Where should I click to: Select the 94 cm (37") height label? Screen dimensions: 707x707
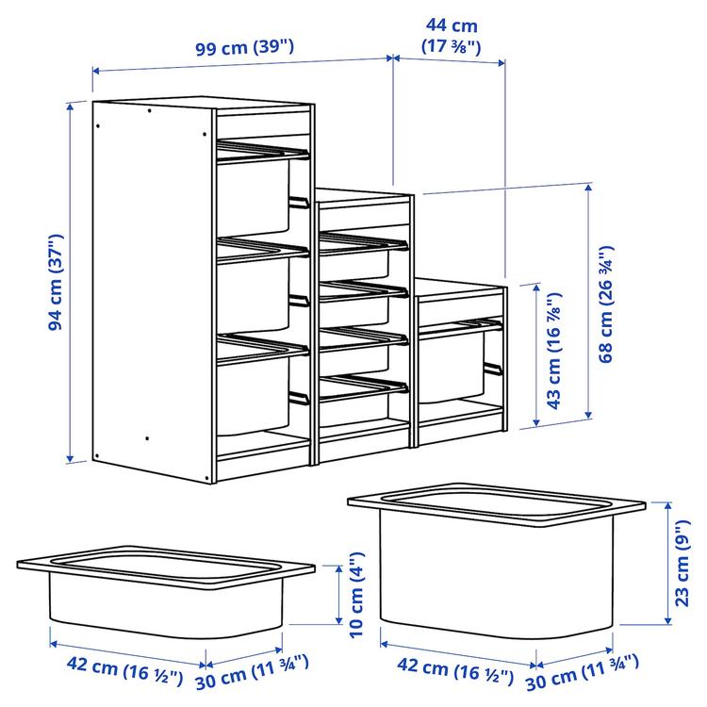[x=56, y=283]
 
